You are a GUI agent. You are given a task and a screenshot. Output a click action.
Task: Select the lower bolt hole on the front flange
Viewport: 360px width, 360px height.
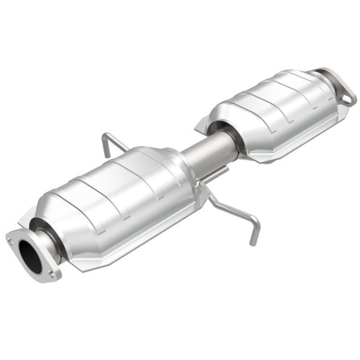click(x=53, y=273)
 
